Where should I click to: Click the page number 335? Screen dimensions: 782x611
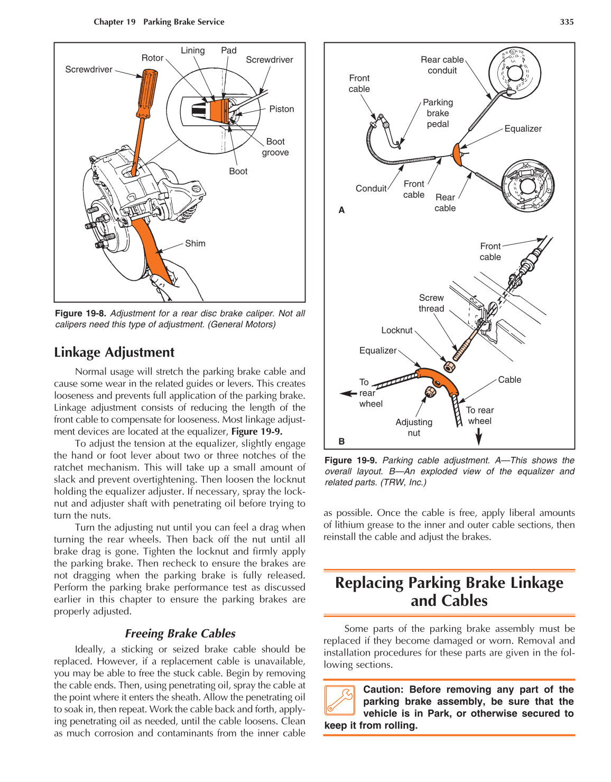click(567, 22)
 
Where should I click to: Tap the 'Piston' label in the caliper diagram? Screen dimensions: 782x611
click(281, 109)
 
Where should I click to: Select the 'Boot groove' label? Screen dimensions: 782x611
click(275, 147)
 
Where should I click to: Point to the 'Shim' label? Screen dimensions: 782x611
click(195, 243)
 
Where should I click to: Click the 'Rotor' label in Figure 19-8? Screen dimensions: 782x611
click(152, 58)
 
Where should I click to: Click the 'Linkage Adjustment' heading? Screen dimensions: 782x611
click(114, 352)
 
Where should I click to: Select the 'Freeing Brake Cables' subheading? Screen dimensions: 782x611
click(180, 633)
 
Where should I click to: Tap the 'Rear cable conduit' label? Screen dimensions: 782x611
click(442, 65)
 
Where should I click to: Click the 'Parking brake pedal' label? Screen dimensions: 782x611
click(438, 113)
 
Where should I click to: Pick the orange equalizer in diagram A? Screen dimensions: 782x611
click(457, 154)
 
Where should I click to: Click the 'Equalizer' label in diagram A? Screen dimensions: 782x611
click(523, 128)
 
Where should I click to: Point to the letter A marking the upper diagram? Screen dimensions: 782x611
click(341, 210)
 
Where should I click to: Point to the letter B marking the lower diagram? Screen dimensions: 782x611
click(341, 441)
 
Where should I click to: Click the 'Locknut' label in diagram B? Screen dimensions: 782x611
click(396, 330)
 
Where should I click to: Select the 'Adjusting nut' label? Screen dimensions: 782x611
click(414, 427)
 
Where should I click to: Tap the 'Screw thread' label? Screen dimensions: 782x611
click(431, 303)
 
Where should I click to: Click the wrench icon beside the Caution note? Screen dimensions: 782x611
click(339, 700)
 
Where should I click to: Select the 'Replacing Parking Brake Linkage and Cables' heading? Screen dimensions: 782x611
click(449, 591)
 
